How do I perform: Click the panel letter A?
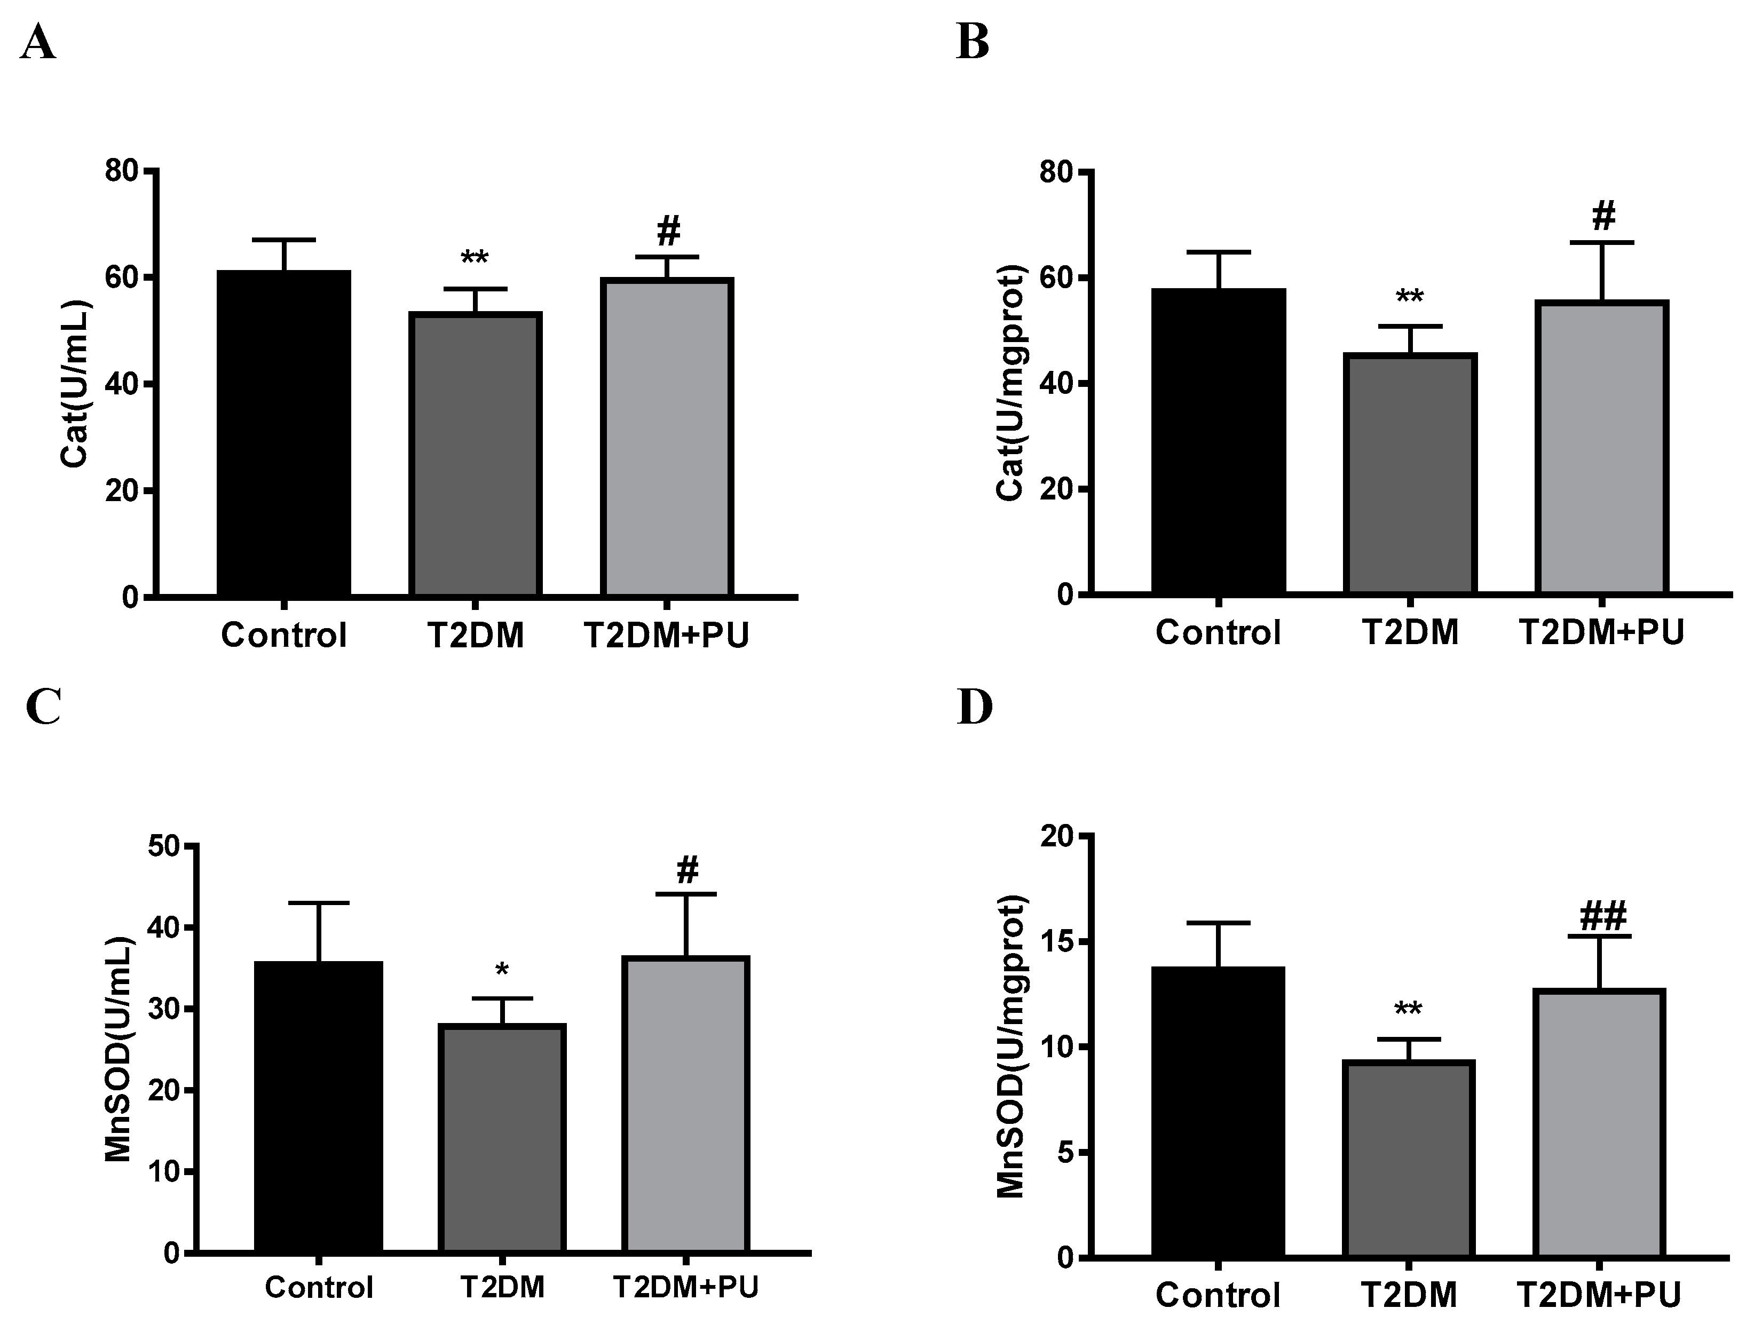38,43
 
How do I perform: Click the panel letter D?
975,708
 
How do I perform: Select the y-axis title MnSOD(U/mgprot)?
1010,1046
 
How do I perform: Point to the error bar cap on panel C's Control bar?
319,903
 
